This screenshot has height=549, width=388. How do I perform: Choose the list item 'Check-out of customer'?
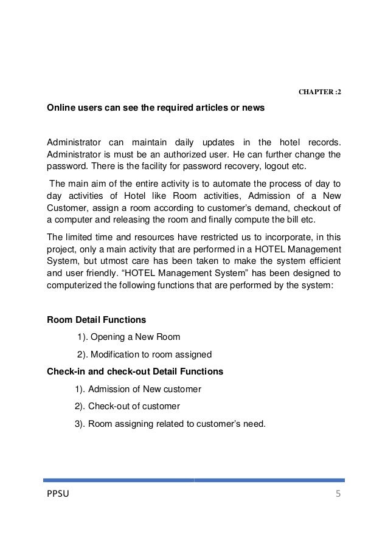(134, 406)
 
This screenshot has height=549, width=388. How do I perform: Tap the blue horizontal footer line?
(193, 480)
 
